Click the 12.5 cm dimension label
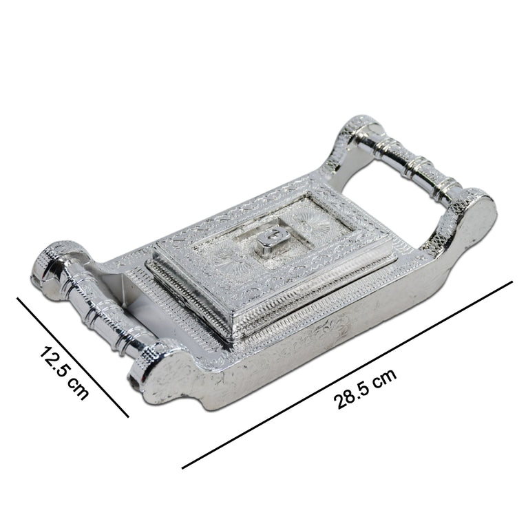pos(64,372)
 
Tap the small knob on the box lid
pos(273,239)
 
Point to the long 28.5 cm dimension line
pos(347,374)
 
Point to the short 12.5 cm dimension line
pos(73,357)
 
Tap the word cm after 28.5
pos(386,379)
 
